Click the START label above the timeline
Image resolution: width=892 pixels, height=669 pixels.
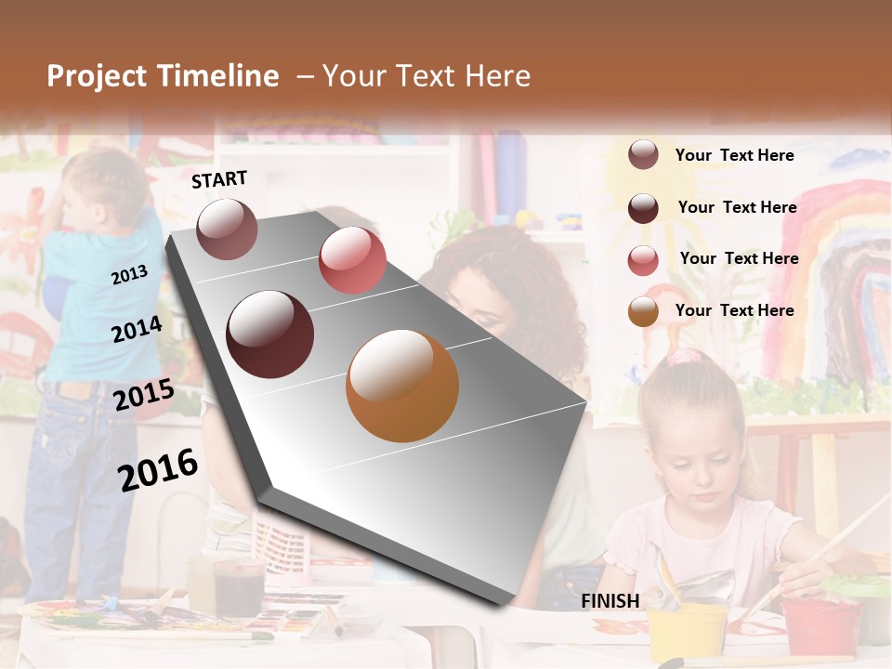219,179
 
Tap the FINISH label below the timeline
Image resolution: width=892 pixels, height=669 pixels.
610,601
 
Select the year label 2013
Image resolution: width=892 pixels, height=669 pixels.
129,275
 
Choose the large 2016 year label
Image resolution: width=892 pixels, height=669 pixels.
158,469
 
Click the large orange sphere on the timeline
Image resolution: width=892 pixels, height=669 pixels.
402,386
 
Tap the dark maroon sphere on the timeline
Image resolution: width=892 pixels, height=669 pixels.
270,334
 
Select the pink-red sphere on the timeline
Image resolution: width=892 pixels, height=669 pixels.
352,260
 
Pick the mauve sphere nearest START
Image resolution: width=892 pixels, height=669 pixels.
228,229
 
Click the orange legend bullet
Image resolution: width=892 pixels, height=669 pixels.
643,311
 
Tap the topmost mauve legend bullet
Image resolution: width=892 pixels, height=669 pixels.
643,155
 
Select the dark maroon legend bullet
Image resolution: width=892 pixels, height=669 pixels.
643,208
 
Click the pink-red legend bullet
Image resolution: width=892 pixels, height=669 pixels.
643,259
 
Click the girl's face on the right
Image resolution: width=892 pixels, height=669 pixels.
695,458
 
